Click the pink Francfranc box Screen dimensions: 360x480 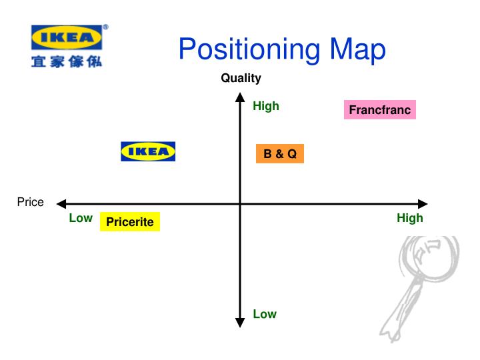pyautogui.click(x=380, y=110)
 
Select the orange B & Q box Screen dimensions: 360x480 pyautogui.click(x=280, y=154)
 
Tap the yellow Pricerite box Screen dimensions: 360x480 pyautogui.click(x=130, y=221)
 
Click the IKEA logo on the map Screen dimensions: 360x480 pyautogui.click(x=148, y=151)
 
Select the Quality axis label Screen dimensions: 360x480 pyautogui.click(x=241, y=78)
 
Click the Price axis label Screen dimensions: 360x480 pyautogui.click(x=31, y=202)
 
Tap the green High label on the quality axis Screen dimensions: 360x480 pyautogui.click(x=266, y=106)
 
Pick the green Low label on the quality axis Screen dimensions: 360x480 pyautogui.click(x=265, y=314)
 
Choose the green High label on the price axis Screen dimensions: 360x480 pyautogui.click(x=410, y=218)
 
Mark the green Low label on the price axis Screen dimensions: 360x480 pyautogui.click(x=81, y=218)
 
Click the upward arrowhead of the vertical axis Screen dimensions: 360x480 pyautogui.click(x=241, y=97)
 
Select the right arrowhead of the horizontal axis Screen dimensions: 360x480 pyautogui.click(x=423, y=203)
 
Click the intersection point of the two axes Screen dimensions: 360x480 pyautogui.click(x=241, y=203)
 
